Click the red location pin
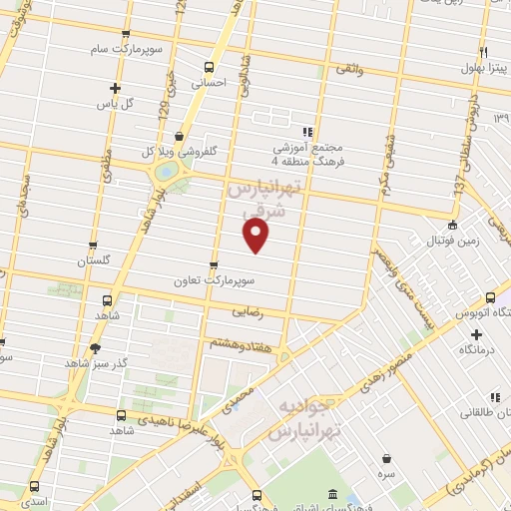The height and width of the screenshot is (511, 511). (256, 235)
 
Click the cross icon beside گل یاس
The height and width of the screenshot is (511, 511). (116, 88)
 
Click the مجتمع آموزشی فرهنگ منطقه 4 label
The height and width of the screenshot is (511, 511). (308, 150)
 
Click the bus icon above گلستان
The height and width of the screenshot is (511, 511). (93, 245)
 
